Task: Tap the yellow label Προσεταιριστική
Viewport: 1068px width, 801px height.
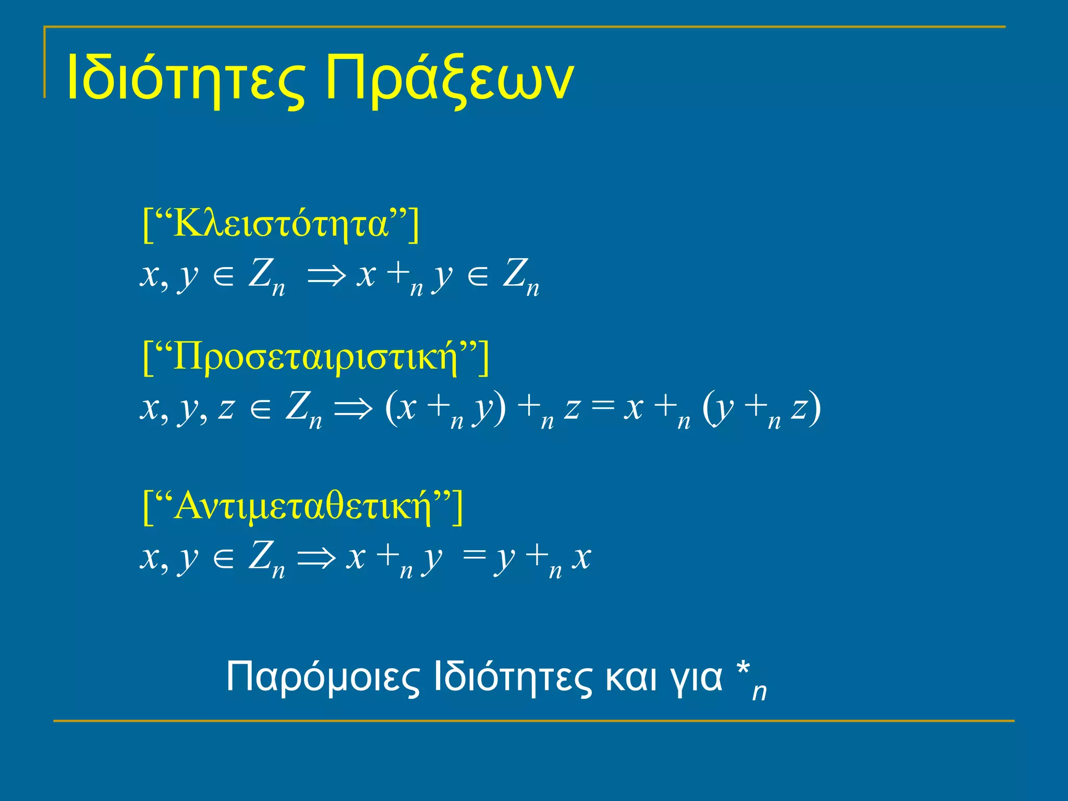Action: click(316, 357)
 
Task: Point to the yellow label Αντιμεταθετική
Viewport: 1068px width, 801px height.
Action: click(303, 506)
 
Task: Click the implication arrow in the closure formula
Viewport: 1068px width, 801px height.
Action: click(326, 275)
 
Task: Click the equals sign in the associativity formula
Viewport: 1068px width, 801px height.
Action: click(603, 406)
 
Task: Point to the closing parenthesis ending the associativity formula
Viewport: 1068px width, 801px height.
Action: click(815, 409)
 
